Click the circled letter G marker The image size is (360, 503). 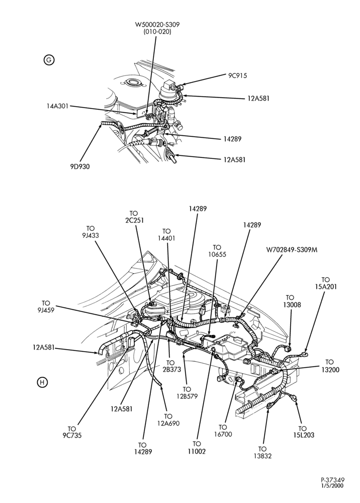49,60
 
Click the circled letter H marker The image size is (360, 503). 42,382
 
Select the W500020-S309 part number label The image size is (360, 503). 157,25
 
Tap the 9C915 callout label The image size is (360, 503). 237,76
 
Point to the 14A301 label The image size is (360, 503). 57,106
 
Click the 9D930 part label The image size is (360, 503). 80,166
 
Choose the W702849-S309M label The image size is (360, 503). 292,249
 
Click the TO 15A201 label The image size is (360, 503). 325,283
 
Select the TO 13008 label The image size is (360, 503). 290,301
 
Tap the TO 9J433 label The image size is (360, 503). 91,231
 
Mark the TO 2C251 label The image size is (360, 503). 134,216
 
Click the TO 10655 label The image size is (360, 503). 217,251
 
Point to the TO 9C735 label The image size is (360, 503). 72,432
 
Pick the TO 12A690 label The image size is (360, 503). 168,420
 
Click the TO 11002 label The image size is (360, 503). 197,448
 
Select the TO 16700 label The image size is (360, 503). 222,431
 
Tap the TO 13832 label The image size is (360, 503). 262,452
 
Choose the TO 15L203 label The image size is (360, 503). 303,432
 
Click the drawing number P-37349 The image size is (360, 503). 333,480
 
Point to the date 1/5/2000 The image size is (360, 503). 332,486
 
